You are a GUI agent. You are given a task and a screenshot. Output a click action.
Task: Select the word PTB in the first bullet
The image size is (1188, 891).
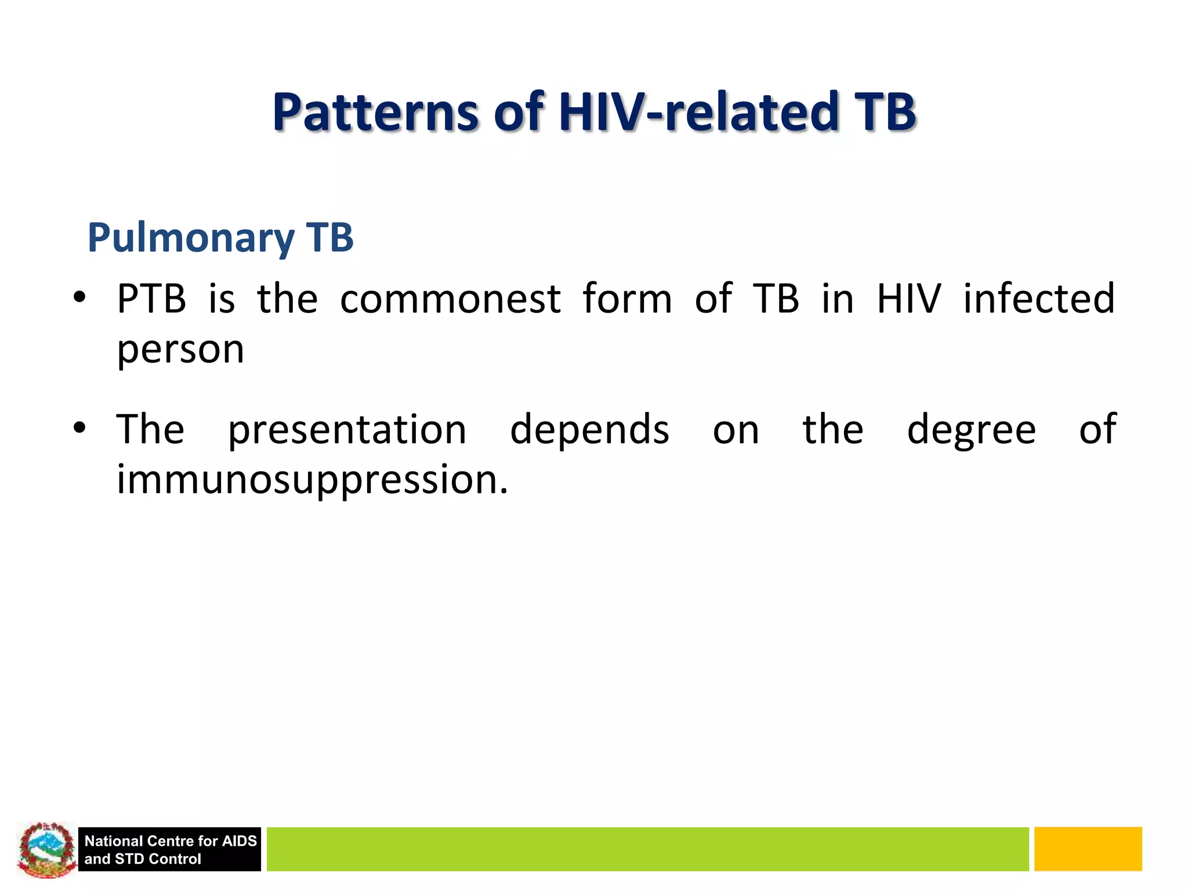151,299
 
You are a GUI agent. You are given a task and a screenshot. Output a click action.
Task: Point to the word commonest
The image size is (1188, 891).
450,299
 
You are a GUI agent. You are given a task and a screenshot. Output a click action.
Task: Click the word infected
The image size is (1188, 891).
1038,299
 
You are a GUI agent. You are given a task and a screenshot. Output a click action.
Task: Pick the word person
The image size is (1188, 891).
180,350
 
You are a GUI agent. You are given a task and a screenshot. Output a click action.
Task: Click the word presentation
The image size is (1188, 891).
347,430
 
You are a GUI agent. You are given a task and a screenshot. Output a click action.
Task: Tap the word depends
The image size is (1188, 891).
589,430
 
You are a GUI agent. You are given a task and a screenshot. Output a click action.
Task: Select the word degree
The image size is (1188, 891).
971,430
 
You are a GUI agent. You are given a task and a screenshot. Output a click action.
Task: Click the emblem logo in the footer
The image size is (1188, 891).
46,849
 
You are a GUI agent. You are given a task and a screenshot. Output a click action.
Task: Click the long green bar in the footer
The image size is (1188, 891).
647,849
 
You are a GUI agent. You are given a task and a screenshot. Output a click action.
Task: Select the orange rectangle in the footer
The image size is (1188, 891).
1088,849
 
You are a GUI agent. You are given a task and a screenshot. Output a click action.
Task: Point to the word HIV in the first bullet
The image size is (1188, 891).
908,299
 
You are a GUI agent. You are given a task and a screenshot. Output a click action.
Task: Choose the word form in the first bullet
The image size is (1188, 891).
626,299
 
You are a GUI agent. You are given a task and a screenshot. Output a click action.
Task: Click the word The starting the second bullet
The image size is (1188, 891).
150,430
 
